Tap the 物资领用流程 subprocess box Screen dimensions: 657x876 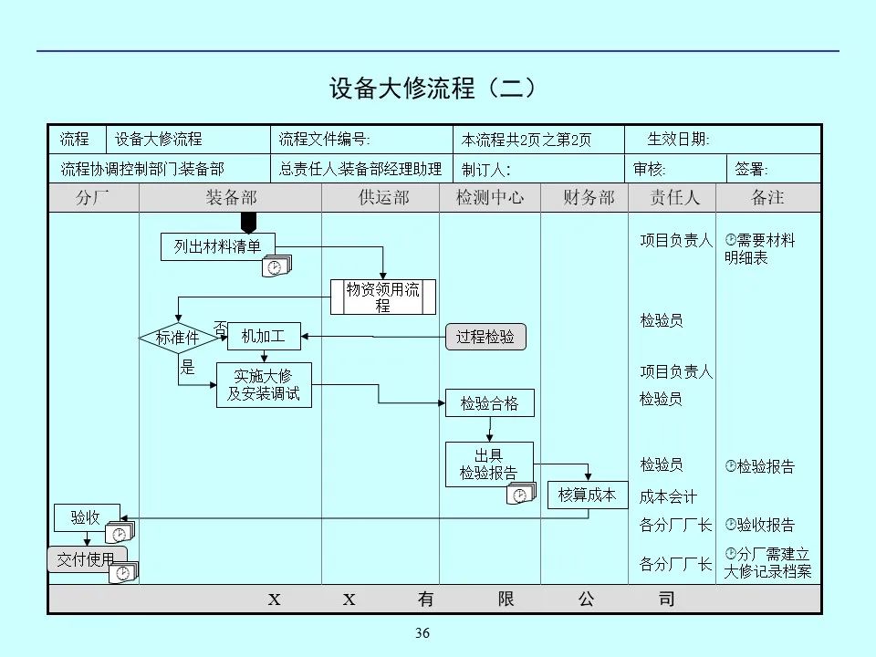click(382, 297)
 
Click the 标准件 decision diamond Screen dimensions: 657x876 click(177, 338)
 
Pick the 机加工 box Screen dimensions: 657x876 click(263, 337)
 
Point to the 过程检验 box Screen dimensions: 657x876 click(485, 337)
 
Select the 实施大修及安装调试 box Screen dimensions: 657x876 click(264, 385)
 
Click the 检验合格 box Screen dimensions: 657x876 click(489, 403)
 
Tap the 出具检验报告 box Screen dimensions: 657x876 click(488, 464)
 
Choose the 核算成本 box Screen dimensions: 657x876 click(588, 495)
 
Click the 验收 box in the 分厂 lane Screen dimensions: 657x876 click(86, 517)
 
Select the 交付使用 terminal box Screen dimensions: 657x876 click(86, 559)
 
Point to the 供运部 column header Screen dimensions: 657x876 click(383, 197)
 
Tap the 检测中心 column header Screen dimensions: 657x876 click(490, 197)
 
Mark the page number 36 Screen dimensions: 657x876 click(422, 634)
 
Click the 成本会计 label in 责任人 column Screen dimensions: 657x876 click(668, 497)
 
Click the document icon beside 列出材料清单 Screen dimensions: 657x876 click(276, 266)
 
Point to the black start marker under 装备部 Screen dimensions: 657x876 click(248, 223)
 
